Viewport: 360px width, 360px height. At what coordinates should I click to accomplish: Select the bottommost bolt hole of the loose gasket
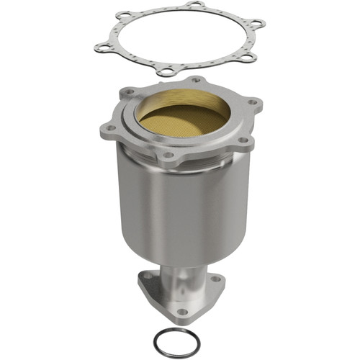166,71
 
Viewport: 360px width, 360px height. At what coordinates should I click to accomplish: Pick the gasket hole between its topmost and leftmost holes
126,15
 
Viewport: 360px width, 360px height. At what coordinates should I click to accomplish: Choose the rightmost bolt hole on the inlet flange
254,102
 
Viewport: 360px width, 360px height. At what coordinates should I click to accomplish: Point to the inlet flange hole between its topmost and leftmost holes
130,92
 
